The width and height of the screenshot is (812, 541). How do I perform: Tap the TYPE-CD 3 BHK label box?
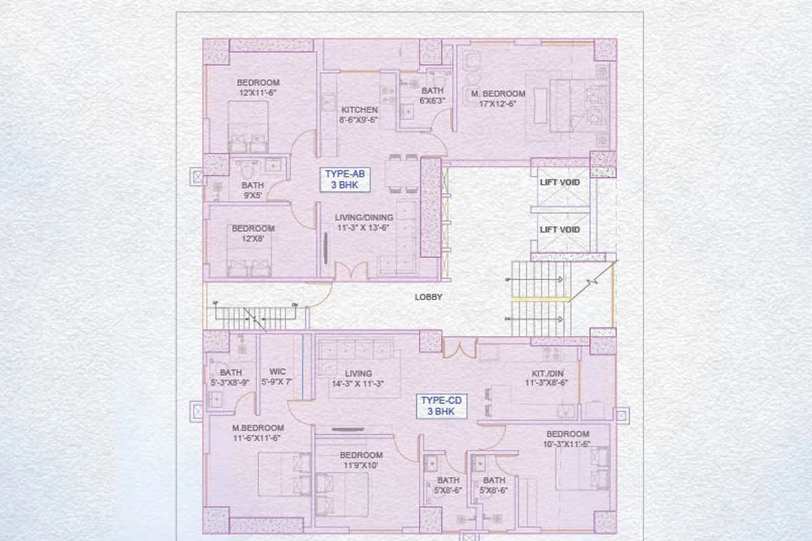click(440, 406)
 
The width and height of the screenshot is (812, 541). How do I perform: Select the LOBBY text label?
click(428, 297)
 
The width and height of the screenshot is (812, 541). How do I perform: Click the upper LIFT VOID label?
click(560, 183)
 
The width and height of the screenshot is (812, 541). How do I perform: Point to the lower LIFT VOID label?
click(560, 230)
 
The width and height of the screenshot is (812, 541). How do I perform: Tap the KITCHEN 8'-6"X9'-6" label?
click(359, 114)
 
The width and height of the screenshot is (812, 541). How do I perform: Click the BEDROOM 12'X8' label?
click(253, 234)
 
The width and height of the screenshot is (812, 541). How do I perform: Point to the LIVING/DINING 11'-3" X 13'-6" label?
click(363, 222)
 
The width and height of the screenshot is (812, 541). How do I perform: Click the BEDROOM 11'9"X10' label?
click(361, 460)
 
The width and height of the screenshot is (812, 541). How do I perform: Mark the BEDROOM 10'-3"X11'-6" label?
click(568, 439)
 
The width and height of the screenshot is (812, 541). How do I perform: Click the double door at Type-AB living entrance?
click(351, 272)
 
